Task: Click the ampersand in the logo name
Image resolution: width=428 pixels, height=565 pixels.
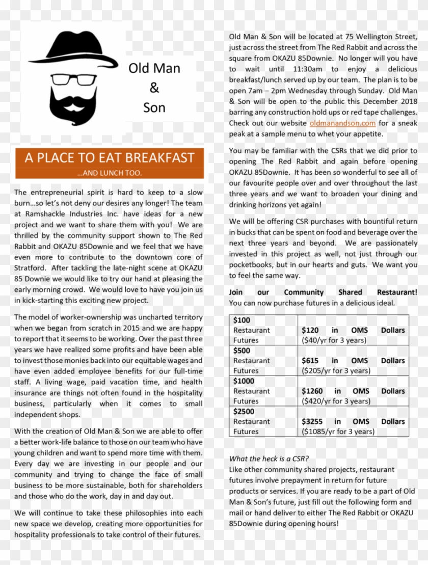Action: click(x=154, y=88)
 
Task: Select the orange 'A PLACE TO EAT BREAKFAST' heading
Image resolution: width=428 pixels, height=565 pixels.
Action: click(x=110, y=158)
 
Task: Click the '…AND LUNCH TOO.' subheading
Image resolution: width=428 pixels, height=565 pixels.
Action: click(x=110, y=173)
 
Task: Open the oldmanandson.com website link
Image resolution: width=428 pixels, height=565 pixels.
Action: click(x=342, y=123)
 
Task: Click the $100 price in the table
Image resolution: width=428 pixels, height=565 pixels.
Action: click(x=242, y=320)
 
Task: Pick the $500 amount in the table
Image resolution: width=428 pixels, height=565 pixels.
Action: click(x=242, y=351)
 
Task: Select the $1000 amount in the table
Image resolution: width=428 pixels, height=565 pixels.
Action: click(x=244, y=381)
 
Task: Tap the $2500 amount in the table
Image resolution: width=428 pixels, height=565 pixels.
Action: click(x=244, y=411)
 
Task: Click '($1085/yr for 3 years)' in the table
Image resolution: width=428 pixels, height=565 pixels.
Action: click(x=338, y=432)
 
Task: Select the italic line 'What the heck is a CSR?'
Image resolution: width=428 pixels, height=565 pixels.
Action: click(x=269, y=459)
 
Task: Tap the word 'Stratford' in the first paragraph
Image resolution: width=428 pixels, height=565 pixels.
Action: click(x=31, y=268)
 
